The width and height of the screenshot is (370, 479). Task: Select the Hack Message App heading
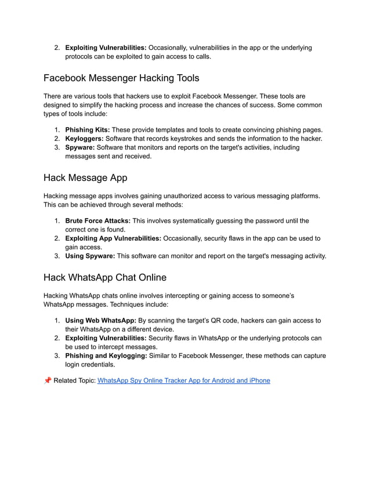click(85, 177)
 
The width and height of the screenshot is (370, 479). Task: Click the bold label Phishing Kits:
click(87, 129)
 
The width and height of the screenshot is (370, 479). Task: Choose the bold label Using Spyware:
click(90, 256)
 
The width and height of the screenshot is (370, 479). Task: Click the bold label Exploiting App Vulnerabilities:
click(113, 238)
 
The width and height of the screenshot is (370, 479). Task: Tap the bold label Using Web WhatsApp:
click(100, 320)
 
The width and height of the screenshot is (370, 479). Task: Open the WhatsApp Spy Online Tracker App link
click(184, 380)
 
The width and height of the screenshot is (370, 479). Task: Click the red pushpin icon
click(47, 380)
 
